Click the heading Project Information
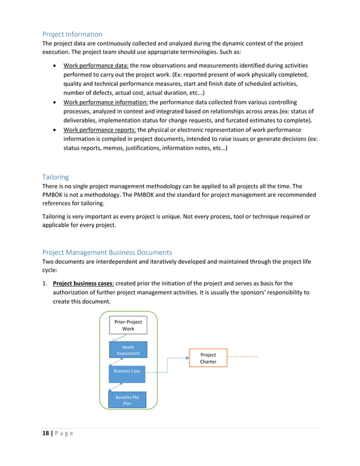click(72, 34)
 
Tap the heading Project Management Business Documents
click(107, 252)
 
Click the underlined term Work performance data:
click(96, 66)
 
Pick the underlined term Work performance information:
click(106, 102)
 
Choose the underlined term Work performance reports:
click(99, 130)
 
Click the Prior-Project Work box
click(128, 326)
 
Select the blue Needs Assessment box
click(128, 350)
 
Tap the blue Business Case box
click(127, 371)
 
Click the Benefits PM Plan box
click(127, 400)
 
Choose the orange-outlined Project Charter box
click(208, 358)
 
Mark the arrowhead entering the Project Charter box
click(187, 357)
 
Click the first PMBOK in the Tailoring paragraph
click(55, 195)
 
